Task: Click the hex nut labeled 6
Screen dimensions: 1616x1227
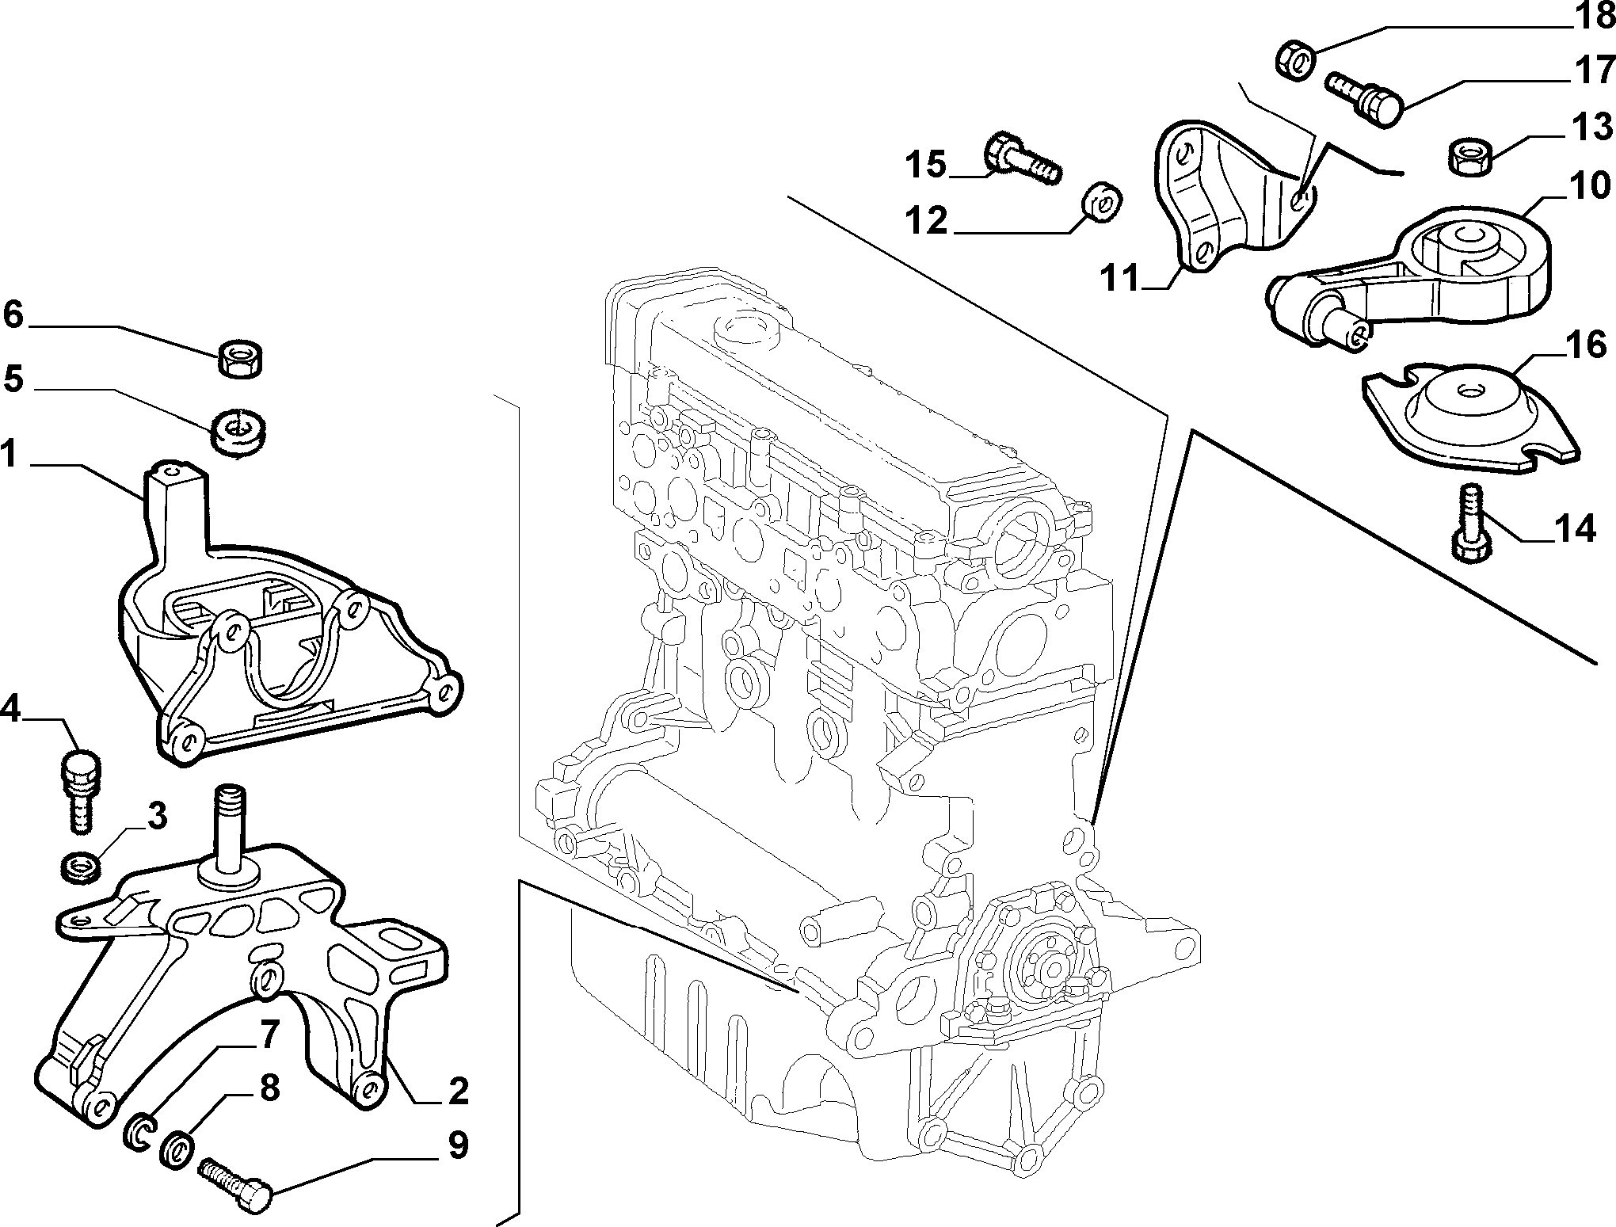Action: point(242,358)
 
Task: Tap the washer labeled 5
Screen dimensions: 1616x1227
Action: point(238,432)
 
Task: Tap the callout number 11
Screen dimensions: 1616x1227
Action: point(1118,278)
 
